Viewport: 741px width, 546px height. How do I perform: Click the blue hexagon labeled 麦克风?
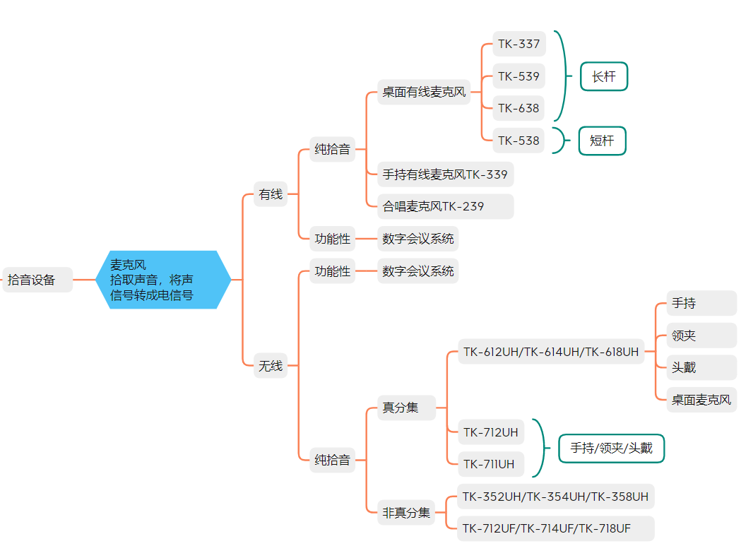pos(163,280)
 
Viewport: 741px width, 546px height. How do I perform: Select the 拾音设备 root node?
pos(37,280)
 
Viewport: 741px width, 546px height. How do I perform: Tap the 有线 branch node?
pos(271,194)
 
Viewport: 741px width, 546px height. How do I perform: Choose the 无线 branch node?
pos(271,366)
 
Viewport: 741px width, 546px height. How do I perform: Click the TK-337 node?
pos(518,44)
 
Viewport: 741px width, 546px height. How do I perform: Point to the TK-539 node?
pos(518,76)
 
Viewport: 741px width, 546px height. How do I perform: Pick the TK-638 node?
pos(518,108)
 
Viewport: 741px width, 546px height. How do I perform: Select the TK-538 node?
pos(518,141)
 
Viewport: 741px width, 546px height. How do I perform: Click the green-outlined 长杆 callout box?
pos(604,77)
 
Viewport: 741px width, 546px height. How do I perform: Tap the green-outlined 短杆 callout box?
pos(603,141)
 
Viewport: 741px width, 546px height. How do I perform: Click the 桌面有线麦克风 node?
pos(425,92)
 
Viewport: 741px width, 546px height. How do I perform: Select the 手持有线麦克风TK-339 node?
pos(445,174)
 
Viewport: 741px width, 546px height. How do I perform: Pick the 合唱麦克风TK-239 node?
pos(445,206)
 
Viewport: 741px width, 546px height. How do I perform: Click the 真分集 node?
pos(401,408)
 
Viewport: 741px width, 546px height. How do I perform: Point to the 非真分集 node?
pos(406,513)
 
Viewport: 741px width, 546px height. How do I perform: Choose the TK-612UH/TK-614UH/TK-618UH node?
pos(551,351)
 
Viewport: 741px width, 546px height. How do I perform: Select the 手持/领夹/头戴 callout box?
pos(612,448)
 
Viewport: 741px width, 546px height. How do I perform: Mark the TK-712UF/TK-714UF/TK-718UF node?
pos(555,528)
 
